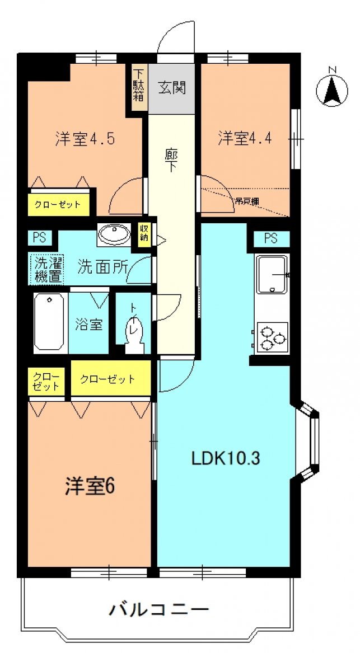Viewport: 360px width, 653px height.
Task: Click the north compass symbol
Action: (x=331, y=91)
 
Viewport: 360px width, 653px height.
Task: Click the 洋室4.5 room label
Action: (x=85, y=138)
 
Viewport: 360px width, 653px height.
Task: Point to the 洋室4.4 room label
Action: (x=245, y=138)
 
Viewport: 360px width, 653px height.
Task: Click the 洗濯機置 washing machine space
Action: (x=46, y=269)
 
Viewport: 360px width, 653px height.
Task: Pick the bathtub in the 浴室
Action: (x=50, y=322)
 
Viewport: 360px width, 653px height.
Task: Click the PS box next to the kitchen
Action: (x=271, y=238)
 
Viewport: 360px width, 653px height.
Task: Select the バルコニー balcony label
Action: (x=158, y=610)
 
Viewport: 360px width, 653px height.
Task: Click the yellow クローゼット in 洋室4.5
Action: (x=59, y=205)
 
